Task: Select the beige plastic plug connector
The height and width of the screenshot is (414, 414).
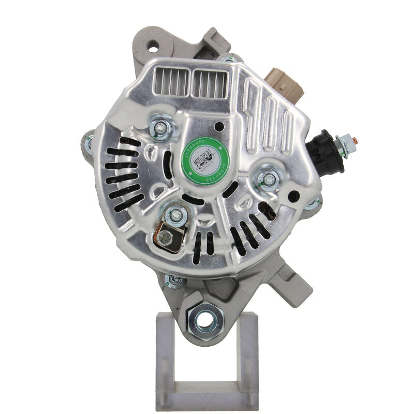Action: pos(283,83)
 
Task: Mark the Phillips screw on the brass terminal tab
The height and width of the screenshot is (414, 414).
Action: pos(165,238)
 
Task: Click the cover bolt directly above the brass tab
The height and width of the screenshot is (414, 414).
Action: pos(175,213)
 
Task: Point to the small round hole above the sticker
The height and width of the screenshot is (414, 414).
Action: pos(219,126)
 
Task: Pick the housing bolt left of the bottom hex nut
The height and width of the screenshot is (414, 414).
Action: pos(174,280)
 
